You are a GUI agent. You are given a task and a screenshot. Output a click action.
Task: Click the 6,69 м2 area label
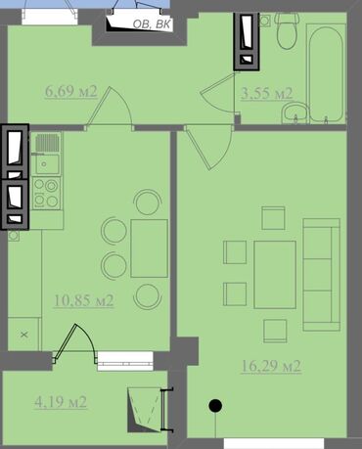click(71, 92)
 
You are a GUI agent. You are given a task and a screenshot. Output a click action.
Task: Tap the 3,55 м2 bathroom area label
click(266, 94)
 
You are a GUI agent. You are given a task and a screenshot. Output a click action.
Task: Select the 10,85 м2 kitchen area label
click(83, 300)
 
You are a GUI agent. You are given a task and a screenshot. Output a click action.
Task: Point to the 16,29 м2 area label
click(271, 366)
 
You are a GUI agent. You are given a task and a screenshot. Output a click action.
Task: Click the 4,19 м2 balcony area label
click(61, 402)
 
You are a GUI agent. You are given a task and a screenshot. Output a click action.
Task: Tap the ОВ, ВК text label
click(152, 24)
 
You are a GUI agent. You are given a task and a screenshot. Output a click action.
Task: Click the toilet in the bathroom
click(287, 31)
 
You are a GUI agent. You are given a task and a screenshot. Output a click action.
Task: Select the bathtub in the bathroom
click(326, 73)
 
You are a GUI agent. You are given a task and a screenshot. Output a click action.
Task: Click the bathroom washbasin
click(294, 113)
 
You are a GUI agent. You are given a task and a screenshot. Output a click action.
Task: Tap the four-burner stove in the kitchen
click(46, 193)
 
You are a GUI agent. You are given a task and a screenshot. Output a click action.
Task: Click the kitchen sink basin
click(48, 164)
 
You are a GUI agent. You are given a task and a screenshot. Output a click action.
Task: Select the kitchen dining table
click(149, 248)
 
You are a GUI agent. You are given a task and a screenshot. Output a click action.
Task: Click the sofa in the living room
click(322, 275)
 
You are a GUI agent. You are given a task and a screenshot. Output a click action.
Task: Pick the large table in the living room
click(275, 275)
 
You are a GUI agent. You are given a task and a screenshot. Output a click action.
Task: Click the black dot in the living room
click(215, 406)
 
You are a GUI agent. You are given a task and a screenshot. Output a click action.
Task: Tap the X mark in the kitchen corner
click(24, 335)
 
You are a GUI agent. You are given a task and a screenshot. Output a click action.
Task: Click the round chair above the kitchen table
click(148, 202)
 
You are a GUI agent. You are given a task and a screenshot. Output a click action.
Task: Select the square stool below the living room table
click(275, 331)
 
